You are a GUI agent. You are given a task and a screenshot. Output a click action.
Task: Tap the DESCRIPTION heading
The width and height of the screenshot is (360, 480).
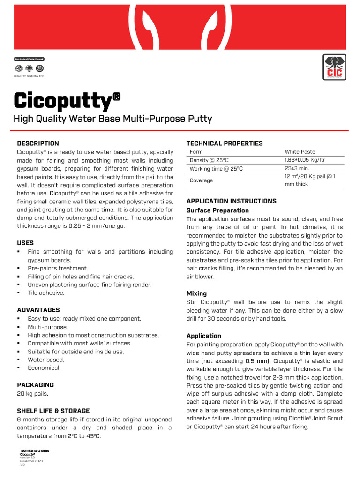click(38, 143)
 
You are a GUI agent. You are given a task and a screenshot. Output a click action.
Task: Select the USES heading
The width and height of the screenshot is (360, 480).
click(26, 243)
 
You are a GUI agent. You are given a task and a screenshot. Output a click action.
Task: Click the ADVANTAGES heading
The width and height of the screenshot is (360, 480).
click(38, 310)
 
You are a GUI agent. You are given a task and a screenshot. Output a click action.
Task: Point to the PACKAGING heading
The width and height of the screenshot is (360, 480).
click(35, 385)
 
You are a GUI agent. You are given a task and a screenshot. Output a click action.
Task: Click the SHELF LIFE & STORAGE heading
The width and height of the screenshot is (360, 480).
click(53, 411)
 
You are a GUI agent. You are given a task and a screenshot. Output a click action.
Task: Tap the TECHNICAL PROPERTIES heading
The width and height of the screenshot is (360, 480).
click(225, 143)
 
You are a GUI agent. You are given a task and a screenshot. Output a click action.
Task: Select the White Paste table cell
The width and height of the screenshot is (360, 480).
click(300, 152)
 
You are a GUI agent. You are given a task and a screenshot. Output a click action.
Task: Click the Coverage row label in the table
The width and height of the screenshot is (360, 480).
click(201, 180)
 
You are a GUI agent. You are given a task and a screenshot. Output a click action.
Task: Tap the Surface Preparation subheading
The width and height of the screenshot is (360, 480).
click(217, 210)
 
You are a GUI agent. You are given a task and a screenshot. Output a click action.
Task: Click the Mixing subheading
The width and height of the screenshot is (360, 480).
click(196, 293)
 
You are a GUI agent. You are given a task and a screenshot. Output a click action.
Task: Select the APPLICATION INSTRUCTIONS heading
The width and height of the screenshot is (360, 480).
click(232, 201)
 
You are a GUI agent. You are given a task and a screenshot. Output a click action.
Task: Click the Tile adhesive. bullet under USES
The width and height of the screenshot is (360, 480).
click(46, 293)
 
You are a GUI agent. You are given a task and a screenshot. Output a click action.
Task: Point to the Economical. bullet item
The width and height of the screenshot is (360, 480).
click(44, 368)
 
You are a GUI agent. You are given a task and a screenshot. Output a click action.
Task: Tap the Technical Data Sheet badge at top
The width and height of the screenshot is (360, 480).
click(29, 60)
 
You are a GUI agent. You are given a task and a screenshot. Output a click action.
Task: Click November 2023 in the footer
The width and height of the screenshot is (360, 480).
click(31, 461)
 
